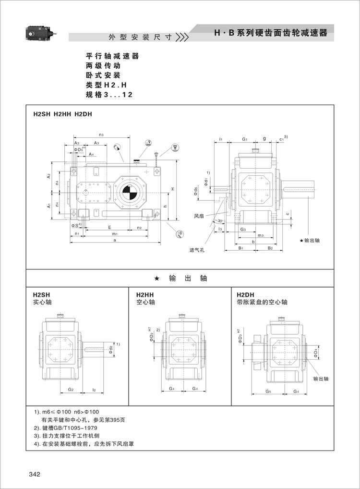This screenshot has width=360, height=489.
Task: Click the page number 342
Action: (34, 475)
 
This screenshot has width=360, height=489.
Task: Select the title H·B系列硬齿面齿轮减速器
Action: (271, 33)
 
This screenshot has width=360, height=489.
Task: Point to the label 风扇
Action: (200, 216)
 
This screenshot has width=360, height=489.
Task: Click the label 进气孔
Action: (197, 250)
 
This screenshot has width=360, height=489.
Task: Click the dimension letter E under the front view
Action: (110, 227)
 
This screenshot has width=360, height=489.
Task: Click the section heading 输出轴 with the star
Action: (180, 278)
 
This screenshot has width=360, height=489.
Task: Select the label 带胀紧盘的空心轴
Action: (262, 302)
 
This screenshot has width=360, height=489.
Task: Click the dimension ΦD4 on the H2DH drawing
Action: (315, 354)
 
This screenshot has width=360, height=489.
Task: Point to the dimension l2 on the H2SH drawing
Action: (95, 389)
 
